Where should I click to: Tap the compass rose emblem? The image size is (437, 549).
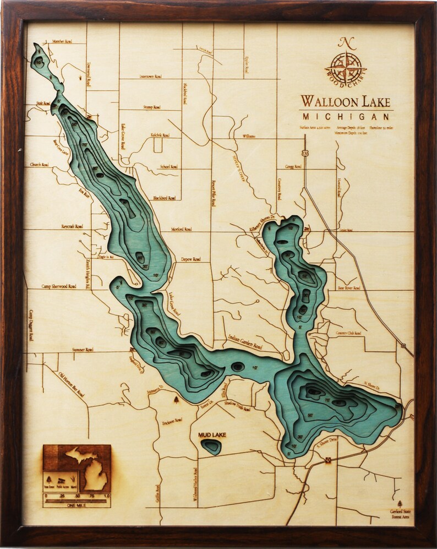346,68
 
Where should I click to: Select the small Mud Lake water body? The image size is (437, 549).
211,446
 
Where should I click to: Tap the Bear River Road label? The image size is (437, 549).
349,287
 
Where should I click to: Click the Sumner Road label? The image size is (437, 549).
83,349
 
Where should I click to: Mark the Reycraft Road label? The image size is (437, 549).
72,226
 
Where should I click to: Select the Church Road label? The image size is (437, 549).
40,165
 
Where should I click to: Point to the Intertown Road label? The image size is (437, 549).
150,77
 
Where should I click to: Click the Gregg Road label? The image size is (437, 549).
293,166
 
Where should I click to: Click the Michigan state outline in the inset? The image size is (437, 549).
89,468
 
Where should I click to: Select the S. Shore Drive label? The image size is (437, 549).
326,445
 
